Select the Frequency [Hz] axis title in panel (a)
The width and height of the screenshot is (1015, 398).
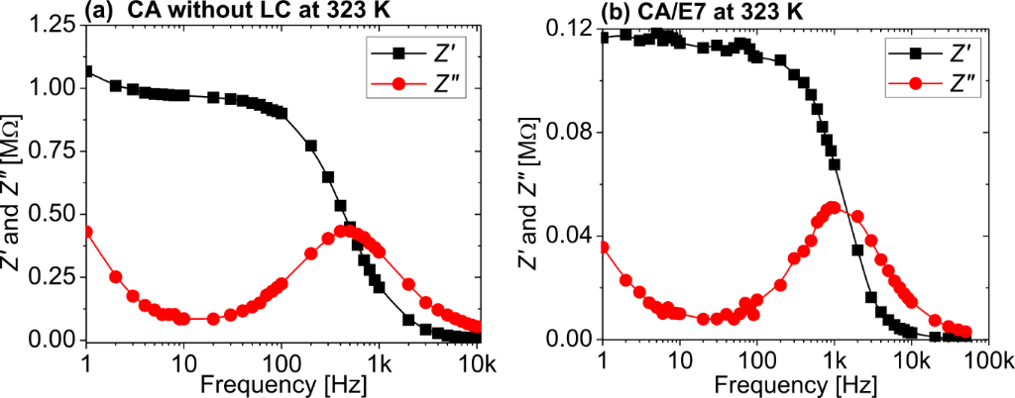coord(282,381)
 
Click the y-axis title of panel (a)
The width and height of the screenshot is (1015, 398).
coord(16,184)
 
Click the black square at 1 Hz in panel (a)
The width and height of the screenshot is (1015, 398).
coord(87,71)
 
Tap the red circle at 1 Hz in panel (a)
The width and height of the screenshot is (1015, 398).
coord(87,232)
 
